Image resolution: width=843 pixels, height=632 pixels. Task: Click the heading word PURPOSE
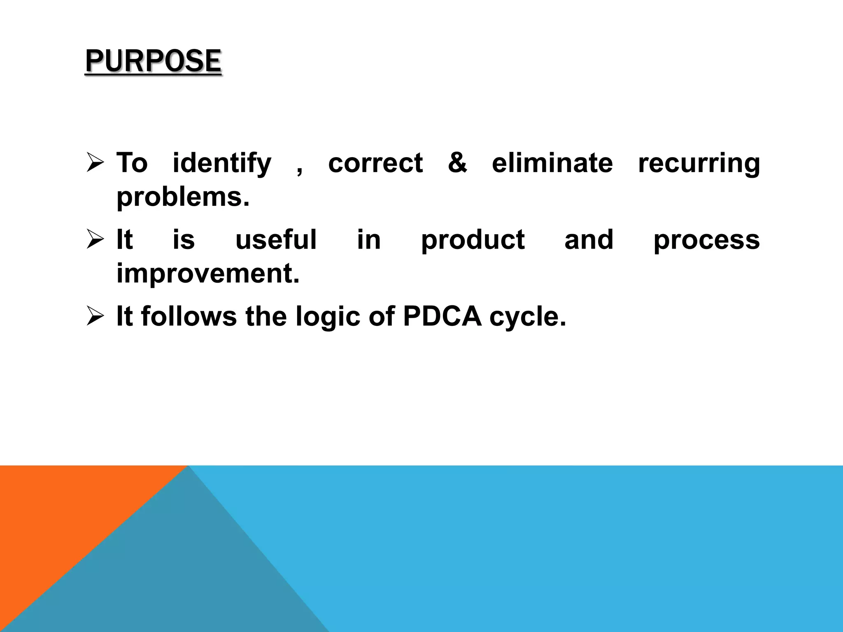(x=153, y=61)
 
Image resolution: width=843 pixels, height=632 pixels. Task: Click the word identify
(x=222, y=163)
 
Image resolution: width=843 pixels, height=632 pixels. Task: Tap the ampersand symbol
(x=457, y=163)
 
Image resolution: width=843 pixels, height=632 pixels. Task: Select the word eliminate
(x=552, y=163)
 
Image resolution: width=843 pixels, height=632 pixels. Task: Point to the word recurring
(x=699, y=163)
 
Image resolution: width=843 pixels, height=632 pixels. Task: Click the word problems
(x=183, y=197)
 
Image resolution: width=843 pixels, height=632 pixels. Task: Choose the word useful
(x=276, y=239)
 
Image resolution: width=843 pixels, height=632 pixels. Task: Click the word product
(x=473, y=240)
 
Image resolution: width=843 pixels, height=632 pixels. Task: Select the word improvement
(x=208, y=274)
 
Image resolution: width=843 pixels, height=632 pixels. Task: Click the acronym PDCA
(x=442, y=316)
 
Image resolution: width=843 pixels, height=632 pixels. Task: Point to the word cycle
(x=528, y=317)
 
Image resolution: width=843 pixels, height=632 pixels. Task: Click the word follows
(x=189, y=316)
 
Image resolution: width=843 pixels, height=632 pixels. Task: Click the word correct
(x=375, y=163)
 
